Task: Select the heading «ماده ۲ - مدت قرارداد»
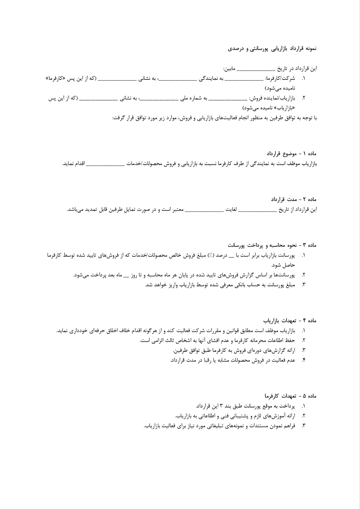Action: tap(294, 199)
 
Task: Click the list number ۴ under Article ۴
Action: tap(303, 360)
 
